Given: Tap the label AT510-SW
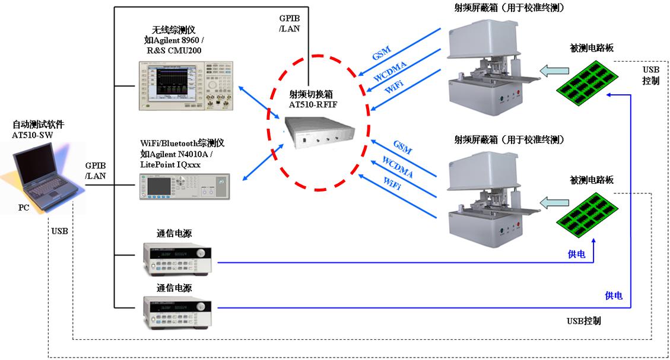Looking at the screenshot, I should (37, 135).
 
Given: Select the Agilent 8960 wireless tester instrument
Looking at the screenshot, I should (186, 86).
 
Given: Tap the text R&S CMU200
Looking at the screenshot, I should (174, 51).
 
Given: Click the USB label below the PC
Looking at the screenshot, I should (59, 230).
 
